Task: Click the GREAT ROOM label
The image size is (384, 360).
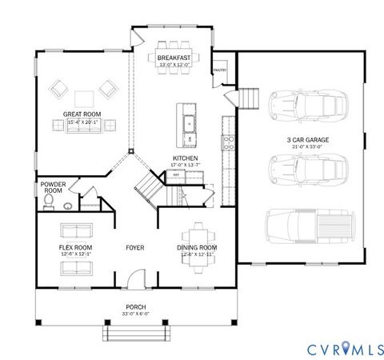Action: tap(81, 114)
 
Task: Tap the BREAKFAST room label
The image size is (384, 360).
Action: tap(174, 58)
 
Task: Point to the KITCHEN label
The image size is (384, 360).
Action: tap(185, 158)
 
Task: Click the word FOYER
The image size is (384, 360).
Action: tap(135, 248)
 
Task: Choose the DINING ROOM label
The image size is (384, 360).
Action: tap(197, 248)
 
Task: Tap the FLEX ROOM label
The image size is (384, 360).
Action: tap(76, 248)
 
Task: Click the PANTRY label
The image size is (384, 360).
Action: tap(219, 70)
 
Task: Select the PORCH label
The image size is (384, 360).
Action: tap(135, 306)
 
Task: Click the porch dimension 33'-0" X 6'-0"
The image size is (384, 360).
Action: tap(135, 313)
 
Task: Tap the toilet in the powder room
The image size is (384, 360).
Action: tap(49, 203)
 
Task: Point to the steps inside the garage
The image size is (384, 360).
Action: tap(250, 98)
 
